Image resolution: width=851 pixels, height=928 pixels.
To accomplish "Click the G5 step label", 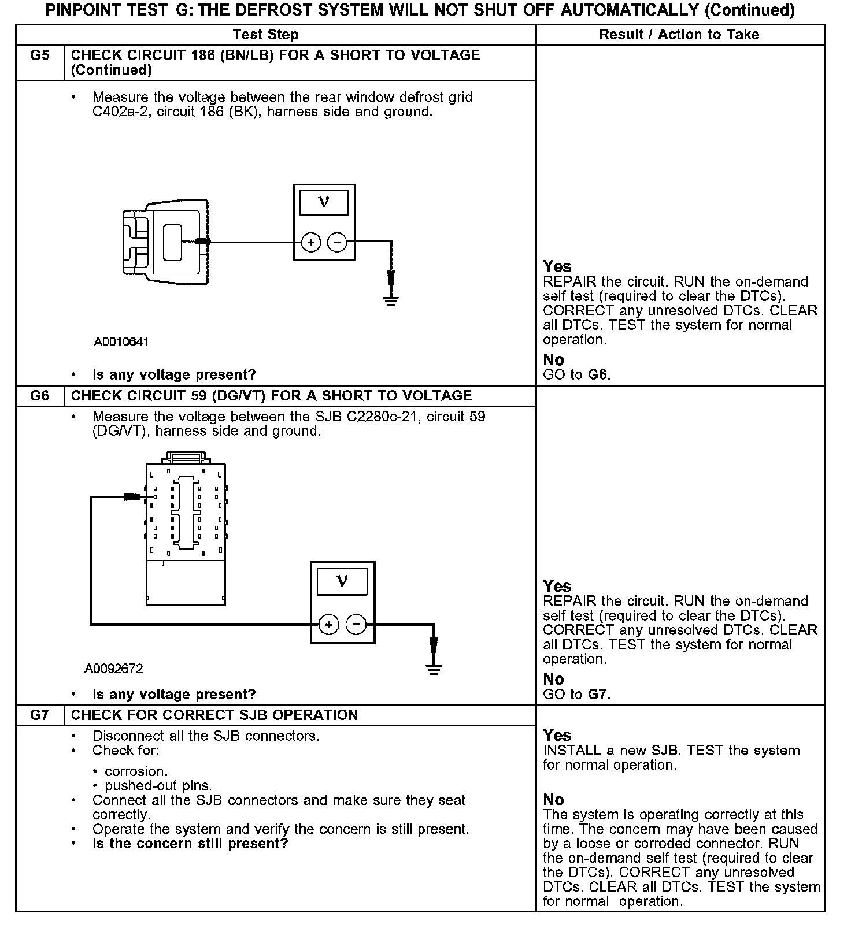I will (39, 55).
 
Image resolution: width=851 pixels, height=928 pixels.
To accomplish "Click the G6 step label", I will (39, 396).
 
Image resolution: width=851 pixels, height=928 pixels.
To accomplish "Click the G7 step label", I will (39, 715).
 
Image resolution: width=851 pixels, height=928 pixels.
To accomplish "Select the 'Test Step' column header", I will (265, 35).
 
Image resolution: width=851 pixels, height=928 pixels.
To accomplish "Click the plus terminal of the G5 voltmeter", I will (311, 243).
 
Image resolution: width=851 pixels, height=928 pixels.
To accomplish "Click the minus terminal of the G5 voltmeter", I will (337, 243).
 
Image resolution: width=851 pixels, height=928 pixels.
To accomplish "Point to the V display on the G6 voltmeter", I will (342, 581).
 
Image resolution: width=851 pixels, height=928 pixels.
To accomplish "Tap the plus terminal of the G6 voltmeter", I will (329, 625).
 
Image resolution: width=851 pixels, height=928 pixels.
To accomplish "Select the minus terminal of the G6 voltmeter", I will (356, 625).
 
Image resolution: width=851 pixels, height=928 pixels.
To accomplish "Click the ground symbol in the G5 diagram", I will (391, 299).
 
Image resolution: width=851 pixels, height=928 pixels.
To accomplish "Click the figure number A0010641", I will (121, 342).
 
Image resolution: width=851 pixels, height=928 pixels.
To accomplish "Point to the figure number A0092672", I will (114, 669).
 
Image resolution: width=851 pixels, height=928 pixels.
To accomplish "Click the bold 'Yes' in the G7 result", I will (557, 736).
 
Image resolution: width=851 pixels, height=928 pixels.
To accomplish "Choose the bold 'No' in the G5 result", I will (553, 360).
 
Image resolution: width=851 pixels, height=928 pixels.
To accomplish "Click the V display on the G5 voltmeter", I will (324, 202).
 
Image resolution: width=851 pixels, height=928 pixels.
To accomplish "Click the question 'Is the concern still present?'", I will (190, 844).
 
